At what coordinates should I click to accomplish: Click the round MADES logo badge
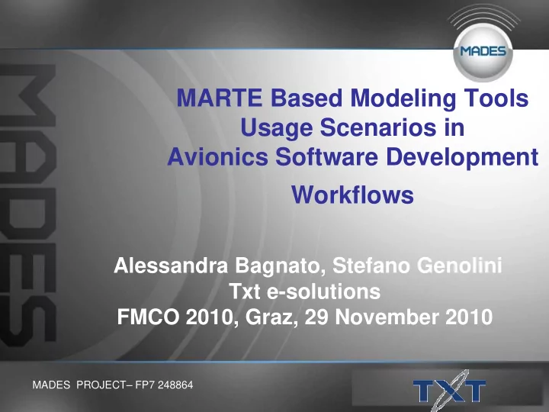click(x=483, y=52)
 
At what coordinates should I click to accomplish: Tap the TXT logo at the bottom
click(x=450, y=391)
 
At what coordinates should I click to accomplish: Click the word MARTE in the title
click(x=220, y=98)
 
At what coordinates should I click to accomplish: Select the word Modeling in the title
click(x=403, y=98)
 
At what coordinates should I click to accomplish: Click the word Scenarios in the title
click(x=378, y=127)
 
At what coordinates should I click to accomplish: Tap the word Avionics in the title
click(x=218, y=156)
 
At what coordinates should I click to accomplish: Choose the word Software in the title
click(x=326, y=156)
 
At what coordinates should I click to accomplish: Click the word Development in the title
click(x=462, y=158)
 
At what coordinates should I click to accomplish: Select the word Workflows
click(x=352, y=195)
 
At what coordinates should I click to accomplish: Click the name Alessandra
click(x=171, y=266)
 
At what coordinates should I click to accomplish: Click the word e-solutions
click(x=323, y=291)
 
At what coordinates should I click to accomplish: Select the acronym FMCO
click(x=148, y=317)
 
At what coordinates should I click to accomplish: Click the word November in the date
click(x=387, y=317)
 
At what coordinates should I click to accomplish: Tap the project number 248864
click(x=175, y=385)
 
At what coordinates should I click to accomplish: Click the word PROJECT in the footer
click(x=101, y=385)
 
